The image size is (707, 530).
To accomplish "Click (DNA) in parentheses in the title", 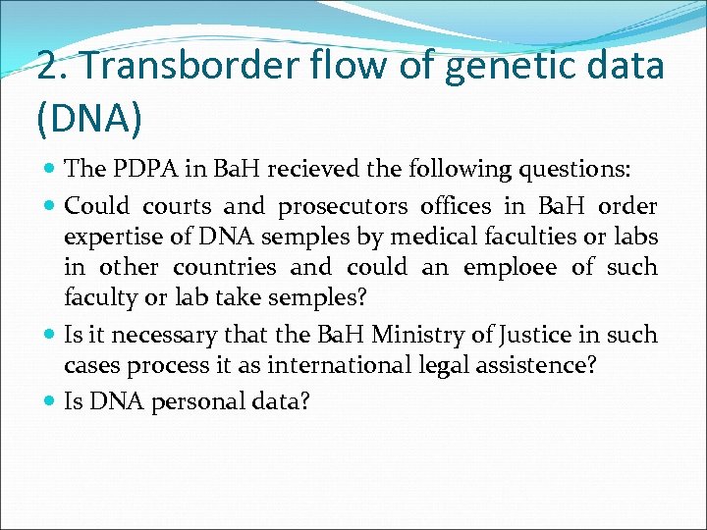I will tap(89, 118).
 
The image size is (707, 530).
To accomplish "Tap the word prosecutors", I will tap(343, 207).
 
